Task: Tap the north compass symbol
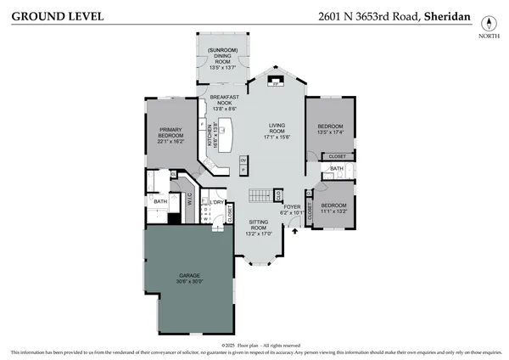coord(488,24)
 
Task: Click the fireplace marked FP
coord(274,82)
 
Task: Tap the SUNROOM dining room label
coord(222,58)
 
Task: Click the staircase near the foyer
coord(260,196)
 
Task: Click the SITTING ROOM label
coord(258,226)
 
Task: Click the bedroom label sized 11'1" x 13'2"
coord(333,208)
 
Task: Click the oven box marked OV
coord(243,160)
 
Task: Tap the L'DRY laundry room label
coord(218,202)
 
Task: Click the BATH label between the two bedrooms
coord(336,169)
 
